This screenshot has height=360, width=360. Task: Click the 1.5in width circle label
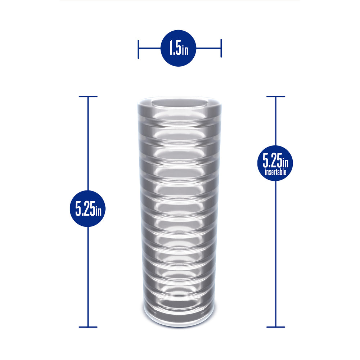pyautogui.click(x=178, y=48)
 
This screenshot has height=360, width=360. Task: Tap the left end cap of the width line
pyautogui.click(x=138, y=49)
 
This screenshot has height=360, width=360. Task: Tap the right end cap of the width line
pyautogui.click(x=221, y=49)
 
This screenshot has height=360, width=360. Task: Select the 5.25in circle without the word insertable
pyautogui.click(x=87, y=208)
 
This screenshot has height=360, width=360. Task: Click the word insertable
pyautogui.click(x=275, y=172)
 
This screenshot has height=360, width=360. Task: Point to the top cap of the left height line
pyautogui.click(x=88, y=96)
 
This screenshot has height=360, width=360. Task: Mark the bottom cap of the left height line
pyautogui.click(x=88, y=327)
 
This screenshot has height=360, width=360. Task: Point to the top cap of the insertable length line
pyautogui.click(x=276, y=96)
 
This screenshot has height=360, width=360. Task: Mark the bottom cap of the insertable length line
pyautogui.click(x=276, y=327)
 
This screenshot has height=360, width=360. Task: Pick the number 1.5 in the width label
pyautogui.click(x=175, y=49)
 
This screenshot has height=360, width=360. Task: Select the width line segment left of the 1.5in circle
pyautogui.click(x=149, y=48)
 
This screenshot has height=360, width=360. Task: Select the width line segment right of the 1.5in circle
pyautogui.click(x=208, y=48)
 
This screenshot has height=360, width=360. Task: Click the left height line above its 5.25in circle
pyautogui.click(x=88, y=144)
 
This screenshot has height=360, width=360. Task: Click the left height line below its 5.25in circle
pyautogui.click(x=88, y=277)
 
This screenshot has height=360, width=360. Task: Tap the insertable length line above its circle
pyautogui.click(x=276, y=121)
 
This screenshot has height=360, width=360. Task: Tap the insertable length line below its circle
pyautogui.click(x=276, y=252)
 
